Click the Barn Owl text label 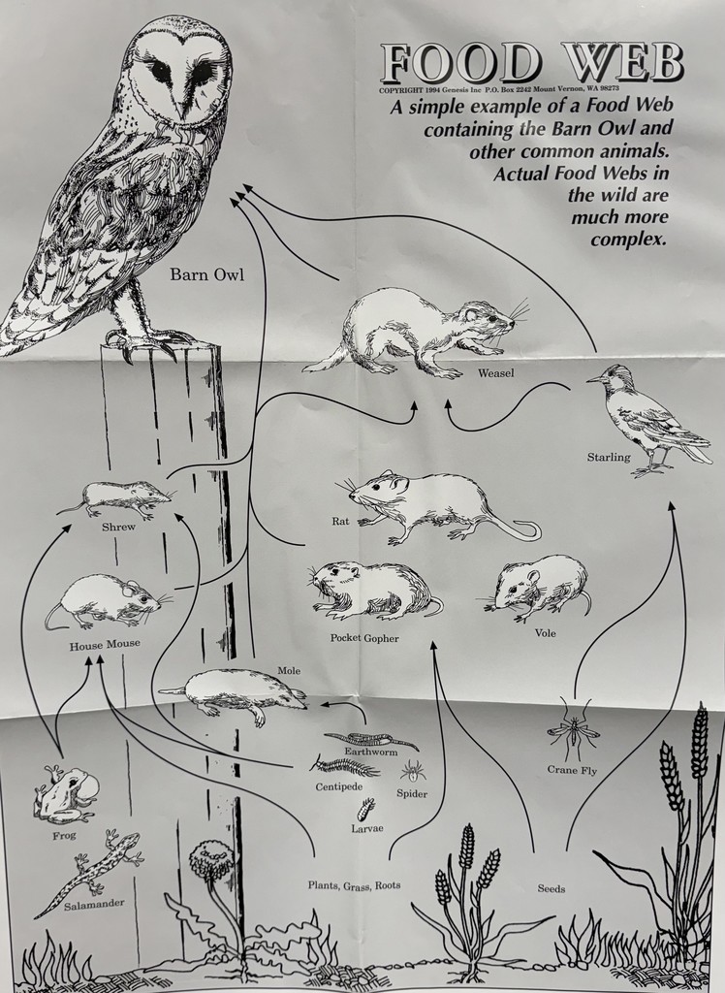coord(206,274)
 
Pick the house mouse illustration coord(104,602)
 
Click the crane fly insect coord(573,731)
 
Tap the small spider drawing coord(412,771)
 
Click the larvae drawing coord(366,810)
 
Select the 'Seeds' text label coord(551,888)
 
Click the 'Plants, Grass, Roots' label coord(354,884)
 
